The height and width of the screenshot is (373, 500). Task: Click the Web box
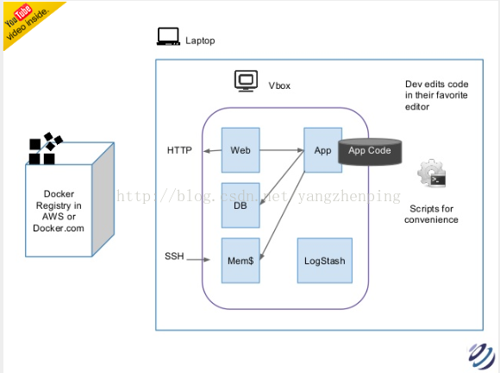click(241, 150)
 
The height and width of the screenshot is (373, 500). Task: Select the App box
click(322, 150)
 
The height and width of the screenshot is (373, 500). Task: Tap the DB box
click(241, 205)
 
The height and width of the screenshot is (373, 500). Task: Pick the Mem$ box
click(241, 261)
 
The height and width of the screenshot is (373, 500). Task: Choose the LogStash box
click(325, 261)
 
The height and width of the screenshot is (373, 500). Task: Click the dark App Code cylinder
click(370, 152)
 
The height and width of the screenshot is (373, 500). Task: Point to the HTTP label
click(179, 150)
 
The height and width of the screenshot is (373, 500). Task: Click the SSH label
click(174, 256)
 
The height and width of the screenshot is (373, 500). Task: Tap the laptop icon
click(168, 36)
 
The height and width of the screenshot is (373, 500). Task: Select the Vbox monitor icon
click(246, 81)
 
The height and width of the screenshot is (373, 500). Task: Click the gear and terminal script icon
click(432, 174)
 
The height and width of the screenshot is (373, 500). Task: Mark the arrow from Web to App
click(282, 149)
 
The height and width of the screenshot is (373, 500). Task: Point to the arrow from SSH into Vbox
click(198, 260)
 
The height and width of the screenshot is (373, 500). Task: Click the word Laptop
click(200, 41)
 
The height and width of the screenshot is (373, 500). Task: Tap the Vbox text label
click(279, 85)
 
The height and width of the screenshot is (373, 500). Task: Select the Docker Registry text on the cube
click(59, 211)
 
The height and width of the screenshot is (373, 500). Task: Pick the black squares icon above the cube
click(46, 149)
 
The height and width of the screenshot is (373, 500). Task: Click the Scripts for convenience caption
click(431, 214)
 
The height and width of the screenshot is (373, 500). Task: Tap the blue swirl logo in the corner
click(482, 356)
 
